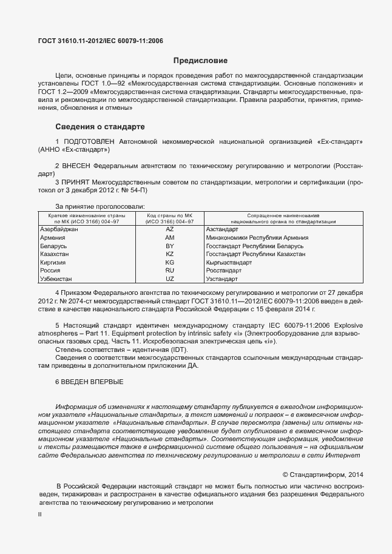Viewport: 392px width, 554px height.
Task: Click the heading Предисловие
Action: (200, 61)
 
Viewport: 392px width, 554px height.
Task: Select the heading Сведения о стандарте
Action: (100, 127)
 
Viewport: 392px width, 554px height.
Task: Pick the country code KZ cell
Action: (169, 254)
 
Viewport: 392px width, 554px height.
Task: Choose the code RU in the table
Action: (169, 270)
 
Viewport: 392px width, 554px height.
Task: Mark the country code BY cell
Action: (169, 246)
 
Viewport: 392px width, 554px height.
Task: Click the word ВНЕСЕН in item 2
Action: (76, 165)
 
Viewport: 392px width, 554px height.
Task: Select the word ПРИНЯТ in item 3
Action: (76, 181)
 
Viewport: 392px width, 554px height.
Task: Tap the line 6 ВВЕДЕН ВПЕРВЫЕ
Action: (89, 382)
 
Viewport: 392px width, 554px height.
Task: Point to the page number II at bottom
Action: (39, 515)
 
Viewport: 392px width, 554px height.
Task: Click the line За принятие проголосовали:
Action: (100, 206)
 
